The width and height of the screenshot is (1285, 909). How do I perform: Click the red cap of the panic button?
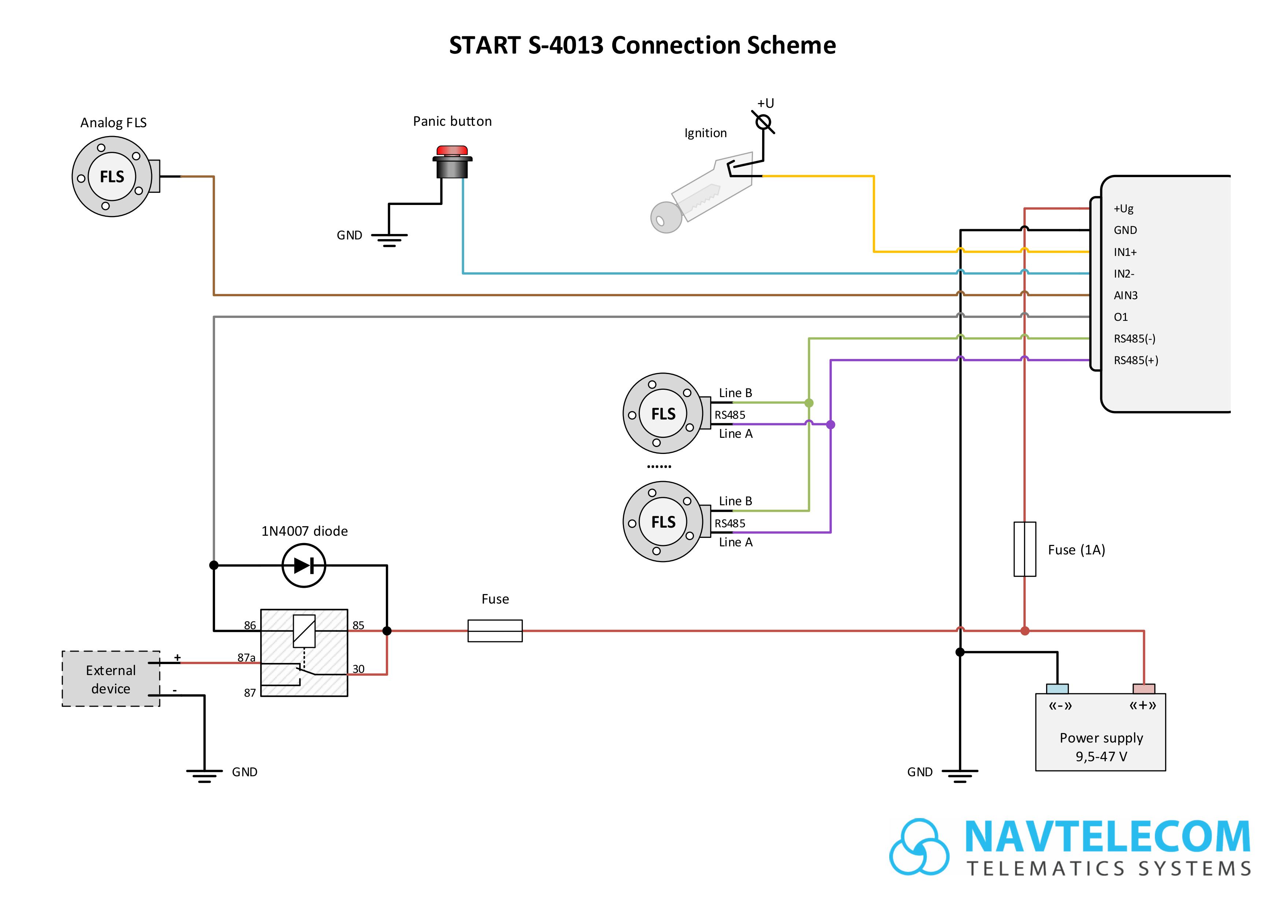tap(452, 150)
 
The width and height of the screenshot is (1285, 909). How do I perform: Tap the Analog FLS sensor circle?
tap(112, 176)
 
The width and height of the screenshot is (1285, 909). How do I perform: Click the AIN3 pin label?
tap(1126, 295)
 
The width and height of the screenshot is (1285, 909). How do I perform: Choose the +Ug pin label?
tap(1123, 208)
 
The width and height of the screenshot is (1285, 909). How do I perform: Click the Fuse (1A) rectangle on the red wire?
tap(1025, 549)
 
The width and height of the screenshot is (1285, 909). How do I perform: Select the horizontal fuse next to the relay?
tap(495, 631)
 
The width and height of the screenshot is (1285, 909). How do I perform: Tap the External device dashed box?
tap(111, 678)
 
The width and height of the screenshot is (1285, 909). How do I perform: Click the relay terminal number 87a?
tap(246, 657)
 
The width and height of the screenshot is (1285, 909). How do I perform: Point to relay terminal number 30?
tap(358, 669)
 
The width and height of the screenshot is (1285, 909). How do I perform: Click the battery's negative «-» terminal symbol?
tap(1060, 705)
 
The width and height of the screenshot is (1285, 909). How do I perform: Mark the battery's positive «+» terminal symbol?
tap(1143, 705)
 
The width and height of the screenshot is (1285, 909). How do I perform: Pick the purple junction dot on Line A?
tap(831, 425)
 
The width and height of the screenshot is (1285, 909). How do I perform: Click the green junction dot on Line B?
tap(809, 403)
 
